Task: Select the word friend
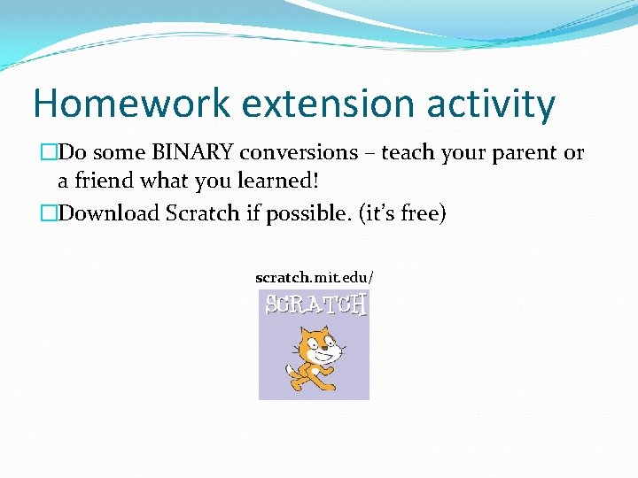pos(105,182)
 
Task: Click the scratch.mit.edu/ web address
pos(314,278)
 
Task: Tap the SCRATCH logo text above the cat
pos(315,305)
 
